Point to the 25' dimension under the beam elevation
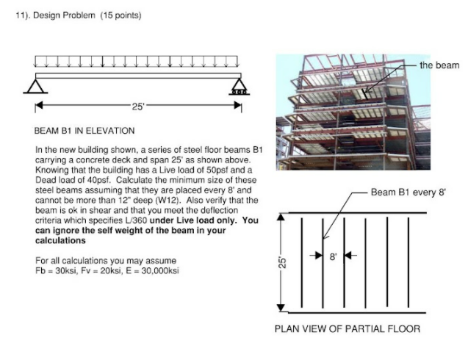[137, 107]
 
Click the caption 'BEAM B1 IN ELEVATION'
[84, 131]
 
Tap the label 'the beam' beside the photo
[439, 65]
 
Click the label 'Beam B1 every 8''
[408, 192]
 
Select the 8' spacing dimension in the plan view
[333, 256]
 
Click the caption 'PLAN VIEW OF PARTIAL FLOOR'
[348, 328]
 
